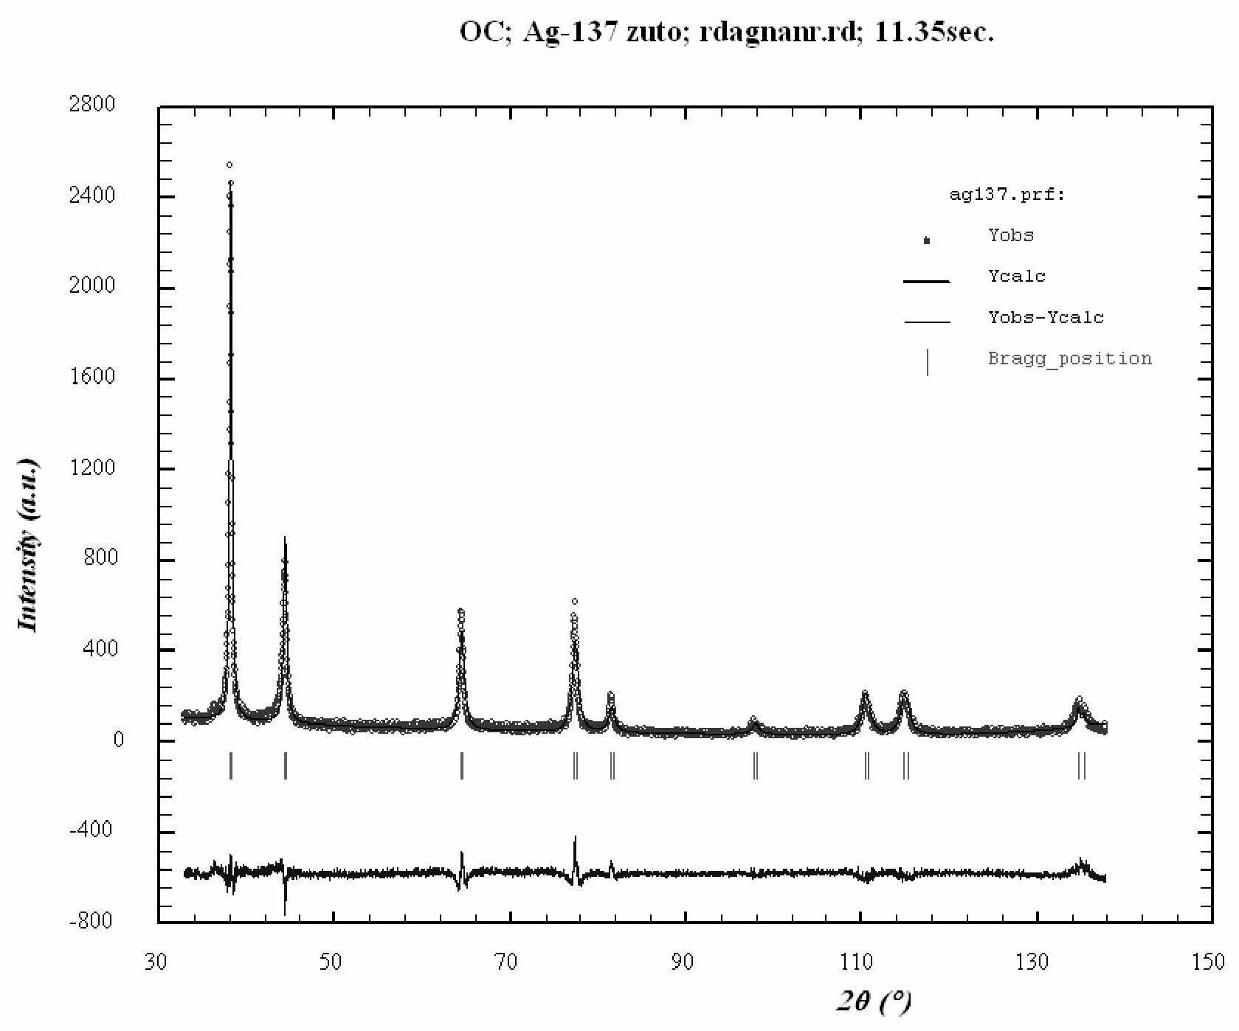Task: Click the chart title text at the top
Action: coord(726,33)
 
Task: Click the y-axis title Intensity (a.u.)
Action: coord(28,546)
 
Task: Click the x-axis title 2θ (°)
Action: coord(874,1002)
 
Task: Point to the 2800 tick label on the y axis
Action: coord(92,104)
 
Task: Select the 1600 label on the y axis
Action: coord(92,377)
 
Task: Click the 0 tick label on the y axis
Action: coord(118,740)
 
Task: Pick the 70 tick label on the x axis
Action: coord(505,962)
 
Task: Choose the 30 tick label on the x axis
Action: coord(156,962)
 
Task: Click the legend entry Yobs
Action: coord(1010,235)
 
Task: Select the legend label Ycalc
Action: coord(1016,277)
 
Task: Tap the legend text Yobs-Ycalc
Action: coord(1046,318)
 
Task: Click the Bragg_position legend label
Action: coord(1069,359)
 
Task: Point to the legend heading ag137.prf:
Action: coord(1007,195)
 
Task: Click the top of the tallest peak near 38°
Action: coord(229,166)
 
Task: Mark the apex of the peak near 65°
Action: coord(461,611)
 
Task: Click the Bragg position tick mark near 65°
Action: coord(462,766)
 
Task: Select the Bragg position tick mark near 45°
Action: coord(286,766)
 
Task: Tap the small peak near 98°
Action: coord(753,719)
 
